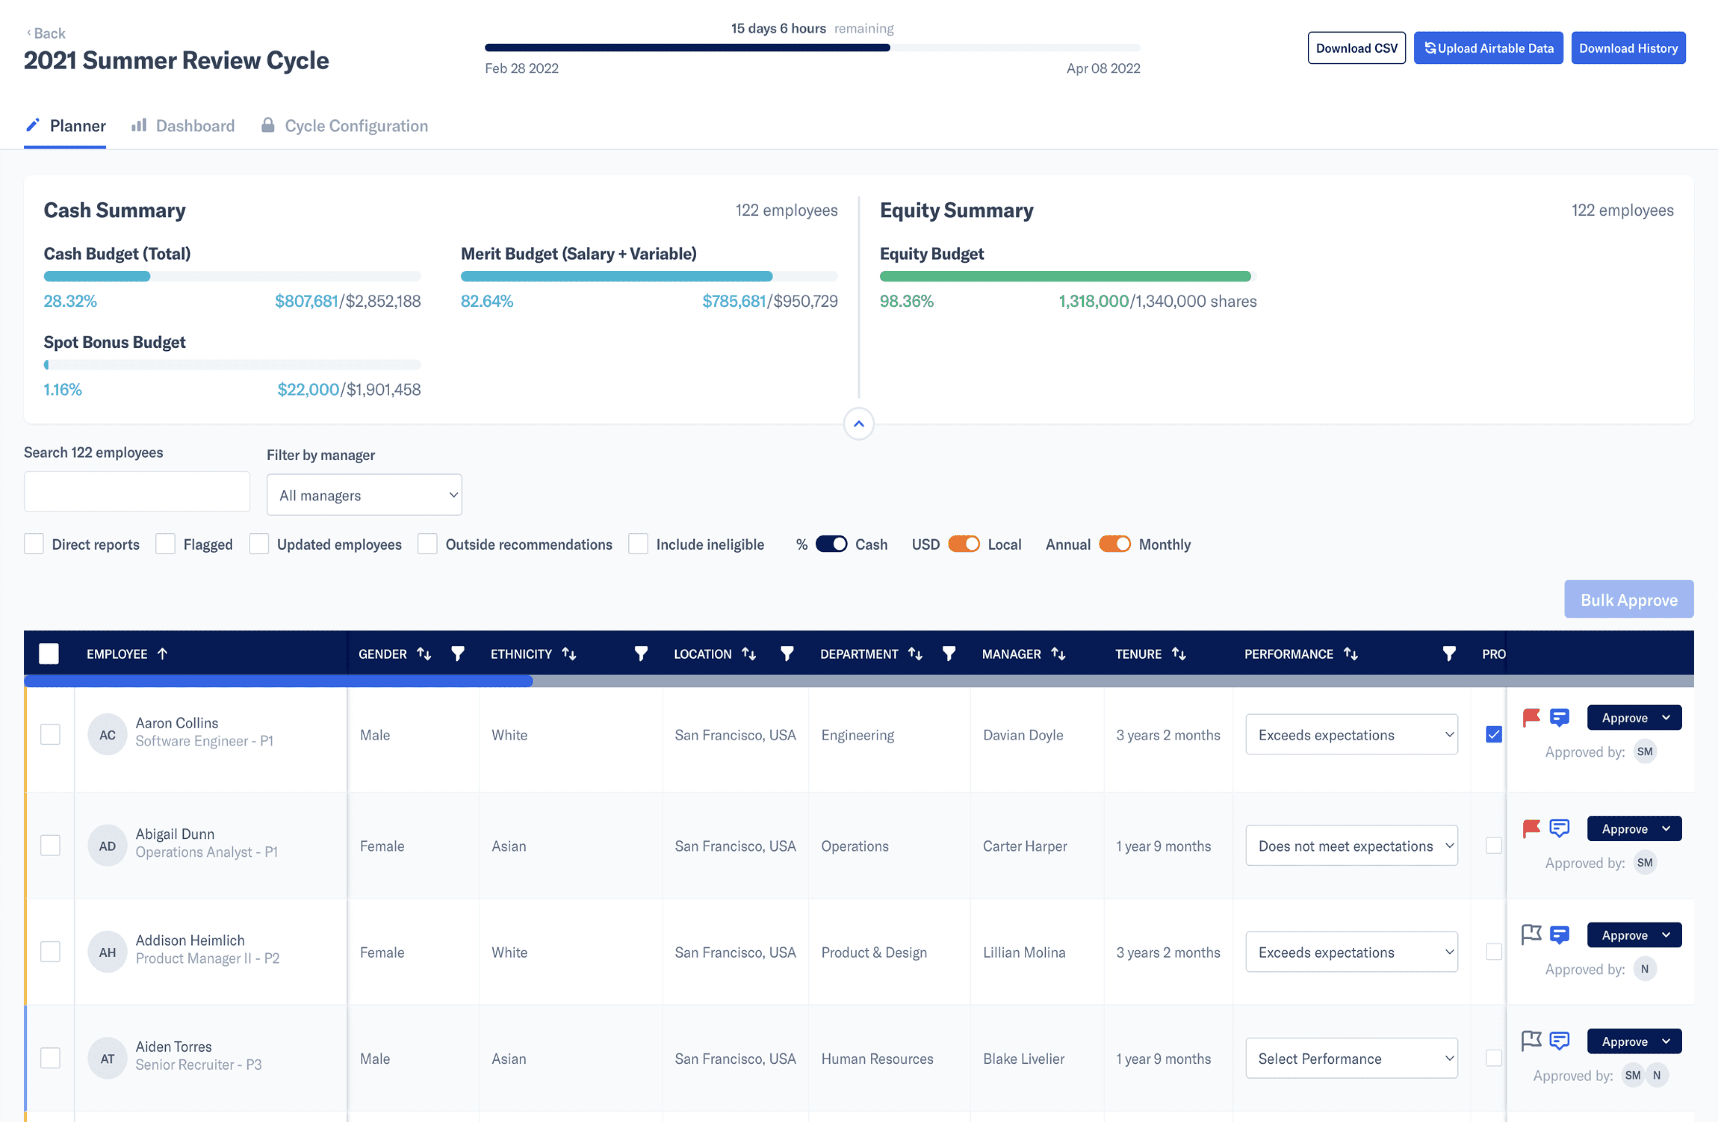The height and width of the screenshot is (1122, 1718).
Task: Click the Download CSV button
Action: pos(1356,48)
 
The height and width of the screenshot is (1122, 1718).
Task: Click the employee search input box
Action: pos(137,492)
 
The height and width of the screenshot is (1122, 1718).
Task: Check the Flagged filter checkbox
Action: pos(165,544)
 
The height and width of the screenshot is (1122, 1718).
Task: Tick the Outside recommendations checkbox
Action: pos(427,544)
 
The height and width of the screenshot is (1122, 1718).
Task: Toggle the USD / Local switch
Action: pos(964,544)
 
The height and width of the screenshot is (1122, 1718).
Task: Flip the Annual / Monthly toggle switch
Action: pos(1114,544)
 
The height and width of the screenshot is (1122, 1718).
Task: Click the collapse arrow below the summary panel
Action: pos(859,424)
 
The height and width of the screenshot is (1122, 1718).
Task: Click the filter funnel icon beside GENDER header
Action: pos(458,653)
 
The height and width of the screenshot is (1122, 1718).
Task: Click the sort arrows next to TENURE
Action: pos(1179,653)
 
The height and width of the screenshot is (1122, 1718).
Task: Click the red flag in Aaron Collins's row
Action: pos(1531,717)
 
